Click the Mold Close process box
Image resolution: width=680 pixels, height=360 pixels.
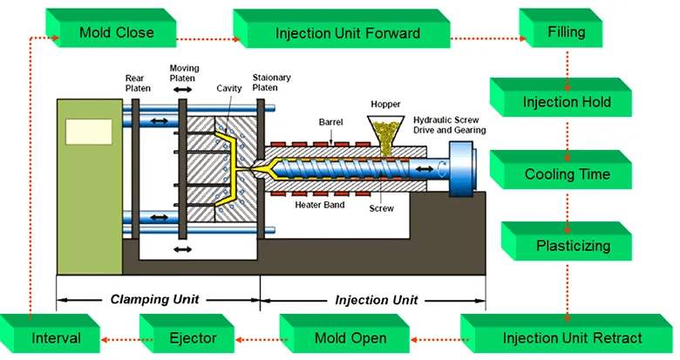point(116,33)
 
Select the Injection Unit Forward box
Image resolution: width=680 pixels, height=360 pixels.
point(347,34)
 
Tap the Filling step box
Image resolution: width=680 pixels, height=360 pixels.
point(566,33)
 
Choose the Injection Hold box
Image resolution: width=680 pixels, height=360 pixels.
point(566,103)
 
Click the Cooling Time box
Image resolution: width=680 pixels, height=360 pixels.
point(567,174)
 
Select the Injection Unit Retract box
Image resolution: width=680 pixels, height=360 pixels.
point(572,338)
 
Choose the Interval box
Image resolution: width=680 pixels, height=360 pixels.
point(55,338)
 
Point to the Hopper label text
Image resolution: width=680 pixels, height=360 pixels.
point(385,104)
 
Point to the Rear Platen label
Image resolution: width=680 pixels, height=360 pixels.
point(139,83)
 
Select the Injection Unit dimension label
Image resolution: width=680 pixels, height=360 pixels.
point(376,300)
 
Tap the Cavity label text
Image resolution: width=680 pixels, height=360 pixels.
point(229,88)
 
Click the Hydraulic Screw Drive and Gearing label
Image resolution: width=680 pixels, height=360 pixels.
point(449,125)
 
